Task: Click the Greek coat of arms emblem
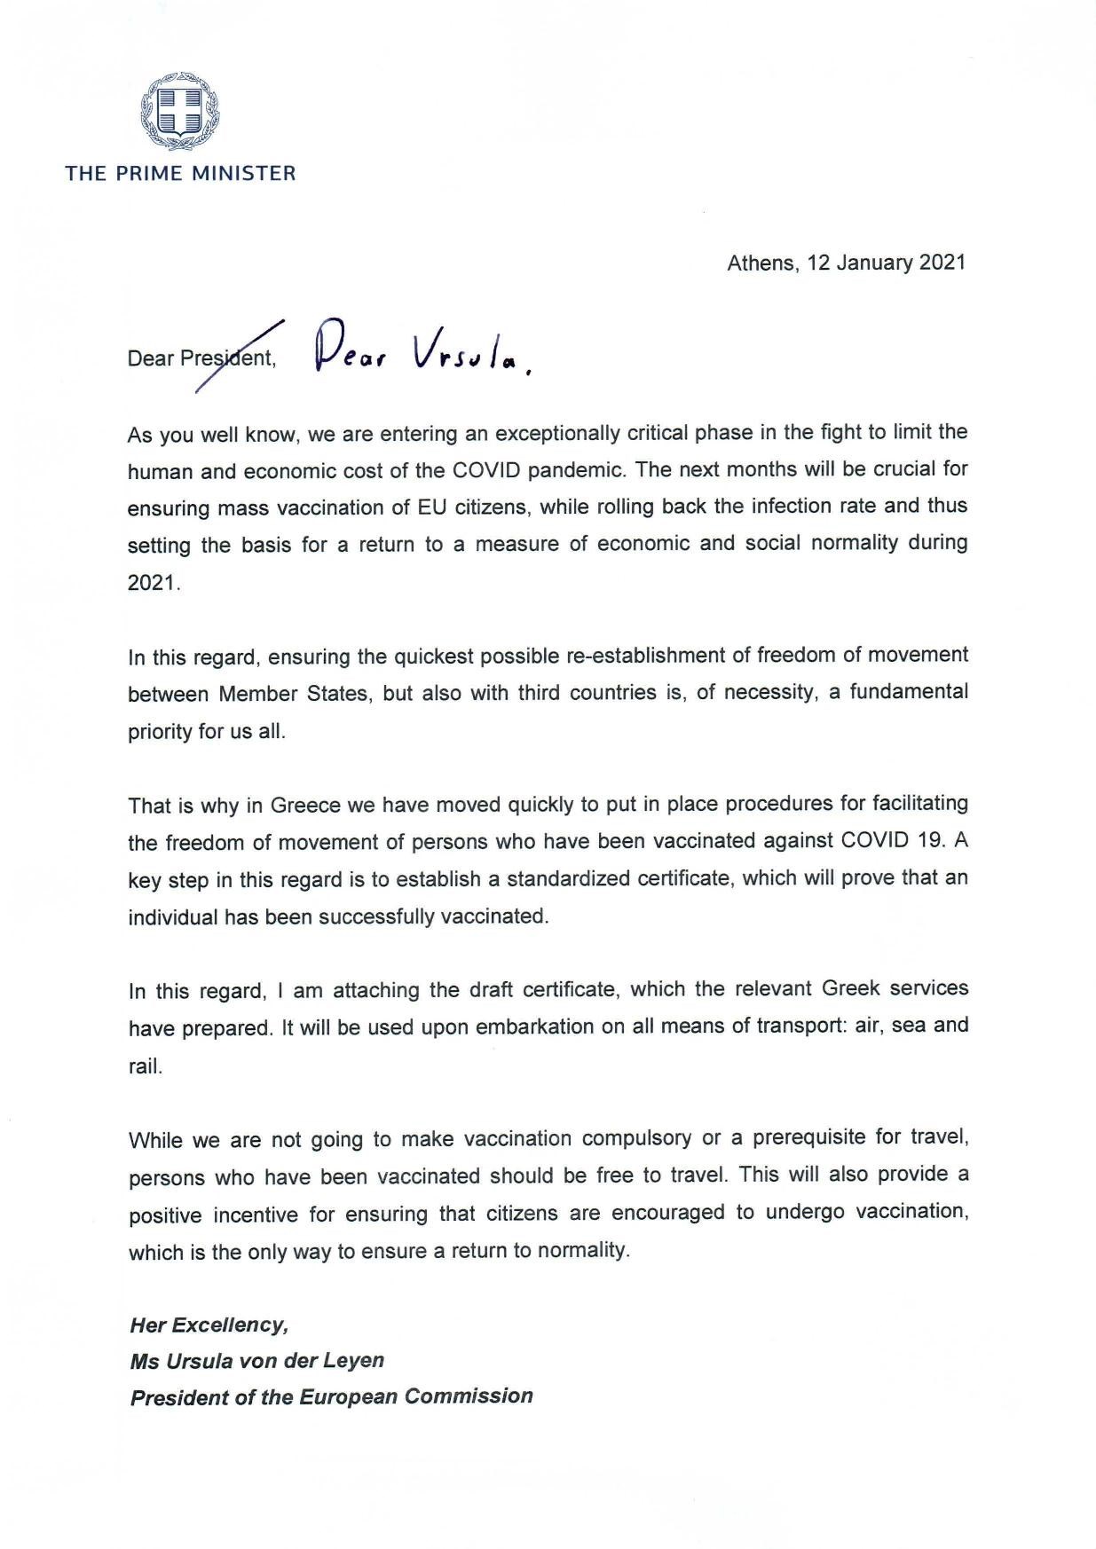[x=180, y=113]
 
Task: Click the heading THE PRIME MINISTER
[x=180, y=173]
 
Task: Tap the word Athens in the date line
[x=761, y=263]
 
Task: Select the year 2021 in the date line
[x=942, y=263]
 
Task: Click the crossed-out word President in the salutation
[x=226, y=359]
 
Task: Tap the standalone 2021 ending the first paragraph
[x=153, y=583]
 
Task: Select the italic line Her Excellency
[x=209, y=1325]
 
